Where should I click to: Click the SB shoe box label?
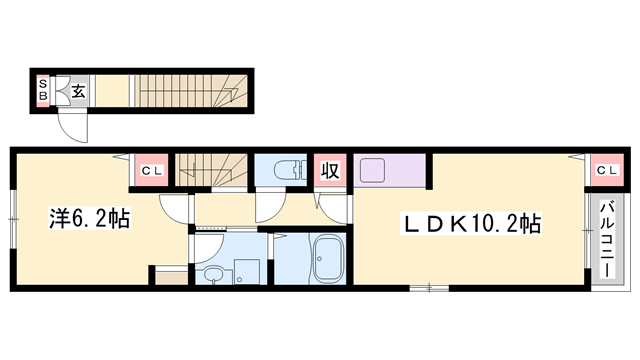point(43,91)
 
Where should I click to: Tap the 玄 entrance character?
point(78,92)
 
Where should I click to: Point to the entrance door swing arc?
point(72,125)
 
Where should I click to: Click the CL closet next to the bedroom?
point(150,171)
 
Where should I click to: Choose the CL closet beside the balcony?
point(607,171)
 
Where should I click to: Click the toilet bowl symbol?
point(284,171)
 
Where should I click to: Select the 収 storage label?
point(329,171)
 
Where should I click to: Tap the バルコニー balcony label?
point(607,239)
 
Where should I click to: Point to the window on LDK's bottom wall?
point(430,289)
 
